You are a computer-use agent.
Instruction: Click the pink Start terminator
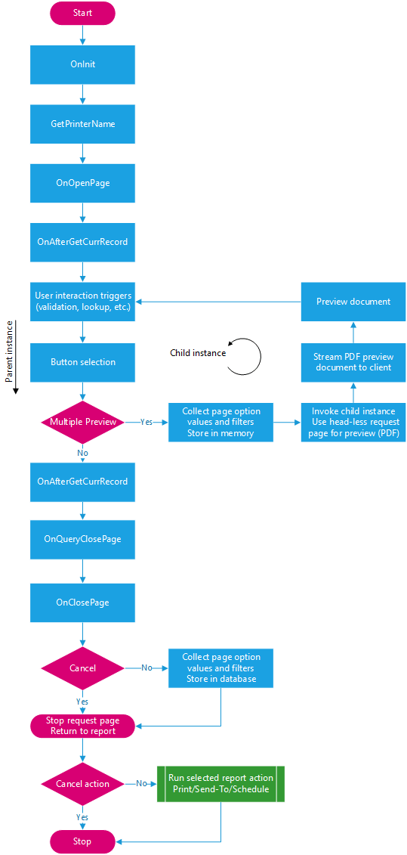82,13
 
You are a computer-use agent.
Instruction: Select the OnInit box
82,64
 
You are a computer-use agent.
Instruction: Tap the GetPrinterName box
82,123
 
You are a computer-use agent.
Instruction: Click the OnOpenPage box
82,183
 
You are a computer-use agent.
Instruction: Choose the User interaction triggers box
82,301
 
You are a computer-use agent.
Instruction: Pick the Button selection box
82,362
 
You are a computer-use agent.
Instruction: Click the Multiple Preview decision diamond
82,421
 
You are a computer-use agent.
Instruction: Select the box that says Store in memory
220,422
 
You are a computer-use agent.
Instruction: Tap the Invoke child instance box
353,422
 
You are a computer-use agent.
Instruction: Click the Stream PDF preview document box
353,362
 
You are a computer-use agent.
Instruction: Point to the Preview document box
353,302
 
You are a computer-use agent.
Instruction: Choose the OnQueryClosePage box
82,540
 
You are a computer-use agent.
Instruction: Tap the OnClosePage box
82,603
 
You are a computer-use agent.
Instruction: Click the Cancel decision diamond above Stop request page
82,668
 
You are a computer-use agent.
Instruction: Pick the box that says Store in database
220,668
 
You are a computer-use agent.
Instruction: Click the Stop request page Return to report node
82,726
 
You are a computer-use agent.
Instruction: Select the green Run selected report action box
220,784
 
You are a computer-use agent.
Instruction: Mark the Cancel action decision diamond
82,784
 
